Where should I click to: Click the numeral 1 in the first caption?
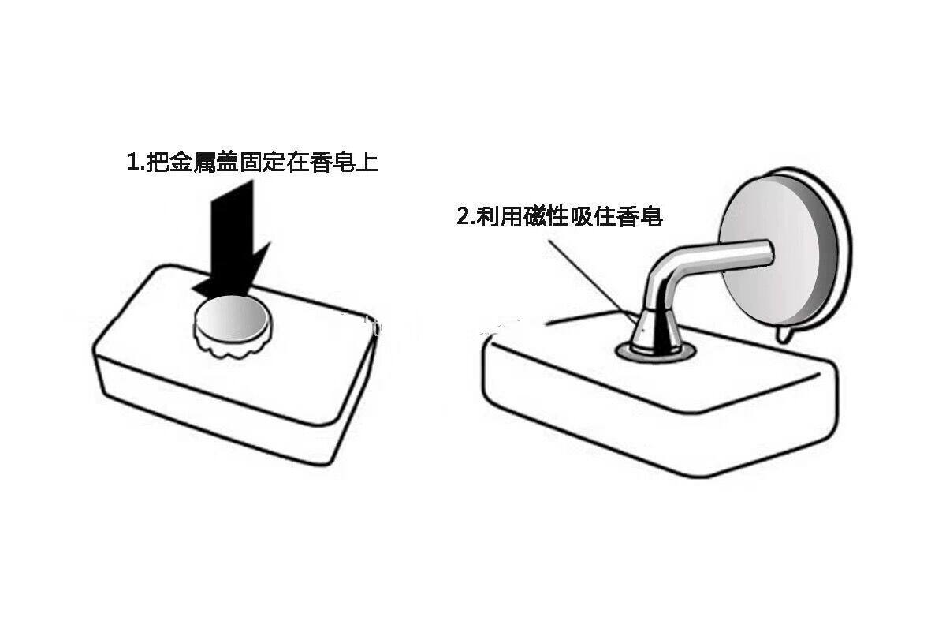(131, 163)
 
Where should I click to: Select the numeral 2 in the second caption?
(464, 216)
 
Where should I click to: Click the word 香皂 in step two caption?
(639, 216)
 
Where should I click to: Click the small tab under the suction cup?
(782, 335)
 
